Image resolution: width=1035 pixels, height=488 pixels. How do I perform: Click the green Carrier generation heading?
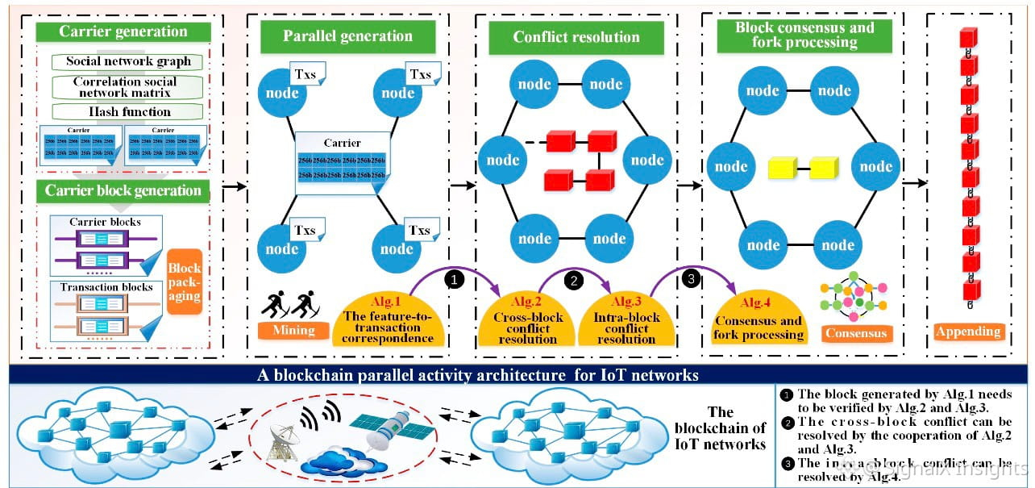(123, 32)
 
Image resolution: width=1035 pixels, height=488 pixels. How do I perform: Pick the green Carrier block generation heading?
(123, 191)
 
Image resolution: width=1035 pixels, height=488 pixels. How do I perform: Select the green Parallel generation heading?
(347, 36)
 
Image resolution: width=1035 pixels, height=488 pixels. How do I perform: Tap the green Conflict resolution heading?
(576, 37)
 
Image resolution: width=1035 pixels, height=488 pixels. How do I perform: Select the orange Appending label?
(967, 331)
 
